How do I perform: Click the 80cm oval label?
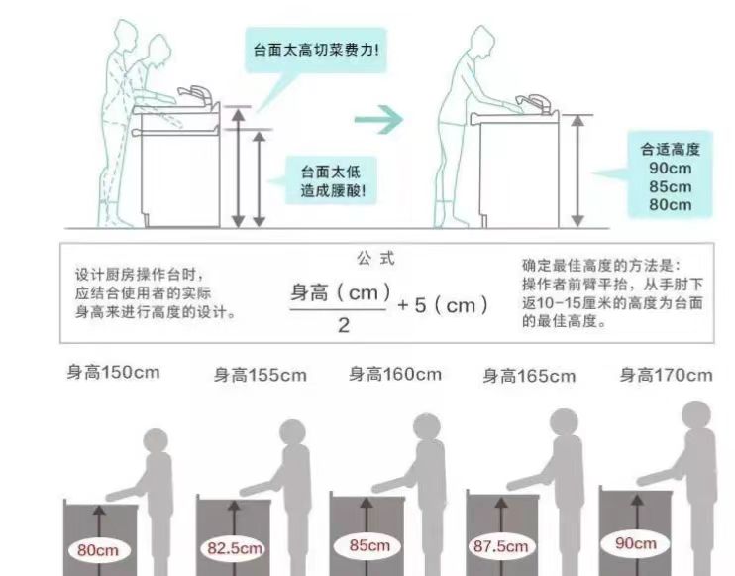(x=98, y=549)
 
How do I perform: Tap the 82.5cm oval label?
(x=234, y=548)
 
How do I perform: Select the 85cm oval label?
(x=368, y=545)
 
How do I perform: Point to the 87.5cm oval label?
(x=501, y=546)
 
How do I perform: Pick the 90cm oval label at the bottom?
(x=635, y=543)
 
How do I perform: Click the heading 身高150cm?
(x=113, y=373)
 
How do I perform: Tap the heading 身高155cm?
(x=261, y=376)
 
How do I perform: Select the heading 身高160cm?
(x=395, y=375)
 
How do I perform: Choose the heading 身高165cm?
(x=529, y=376)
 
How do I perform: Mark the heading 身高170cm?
(x=666, y=376)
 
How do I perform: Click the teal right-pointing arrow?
(x=378, y=120)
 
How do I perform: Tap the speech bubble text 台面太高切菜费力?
(x=316, y=50)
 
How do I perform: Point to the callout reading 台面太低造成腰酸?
(x=332, y=181)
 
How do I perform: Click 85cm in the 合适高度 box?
(x=671, y=186)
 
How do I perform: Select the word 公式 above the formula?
(x=375, y=258)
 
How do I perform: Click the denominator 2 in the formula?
(x=344, y=325)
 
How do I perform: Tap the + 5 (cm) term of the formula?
(x=443, y=305)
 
